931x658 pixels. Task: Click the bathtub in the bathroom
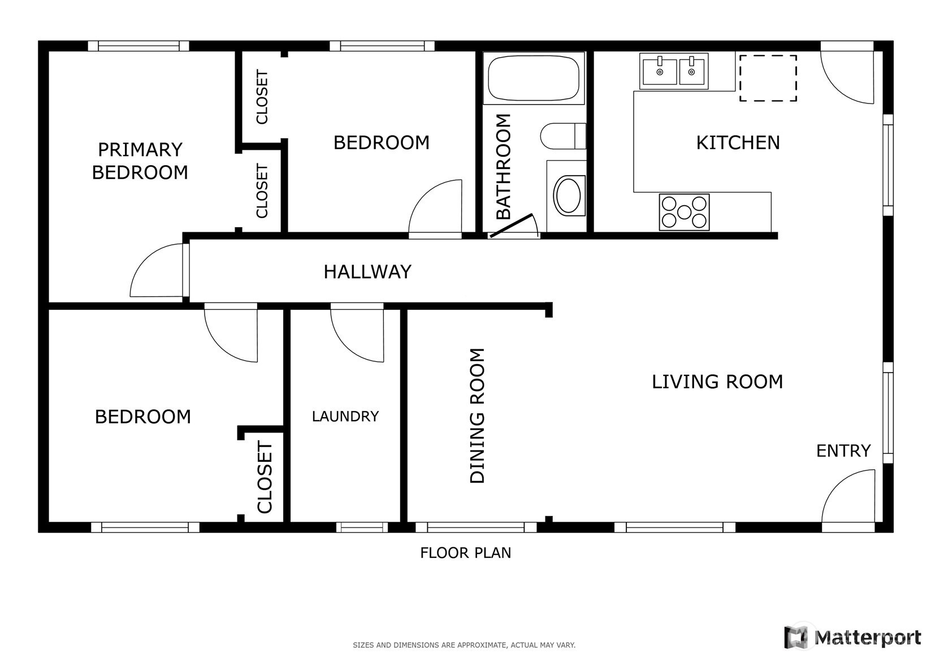pos(534,78)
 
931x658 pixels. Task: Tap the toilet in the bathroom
pos(563,136)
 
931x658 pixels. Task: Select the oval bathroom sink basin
pos(569,195)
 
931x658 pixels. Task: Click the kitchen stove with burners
pos(684,212)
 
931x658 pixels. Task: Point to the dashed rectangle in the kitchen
pos(768,78)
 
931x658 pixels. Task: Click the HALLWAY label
pos(367,272)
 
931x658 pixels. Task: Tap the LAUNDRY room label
pos(345,416)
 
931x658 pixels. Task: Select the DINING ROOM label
pos(477,415)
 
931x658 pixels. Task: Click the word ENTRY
pos(843,451)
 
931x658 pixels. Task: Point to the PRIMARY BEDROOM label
pos(140,161)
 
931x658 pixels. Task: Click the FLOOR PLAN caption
pos(466,553)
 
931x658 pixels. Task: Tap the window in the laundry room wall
pos(362,527)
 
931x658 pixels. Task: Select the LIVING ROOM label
pos(717,382)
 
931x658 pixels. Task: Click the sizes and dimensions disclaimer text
pos(464,646)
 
